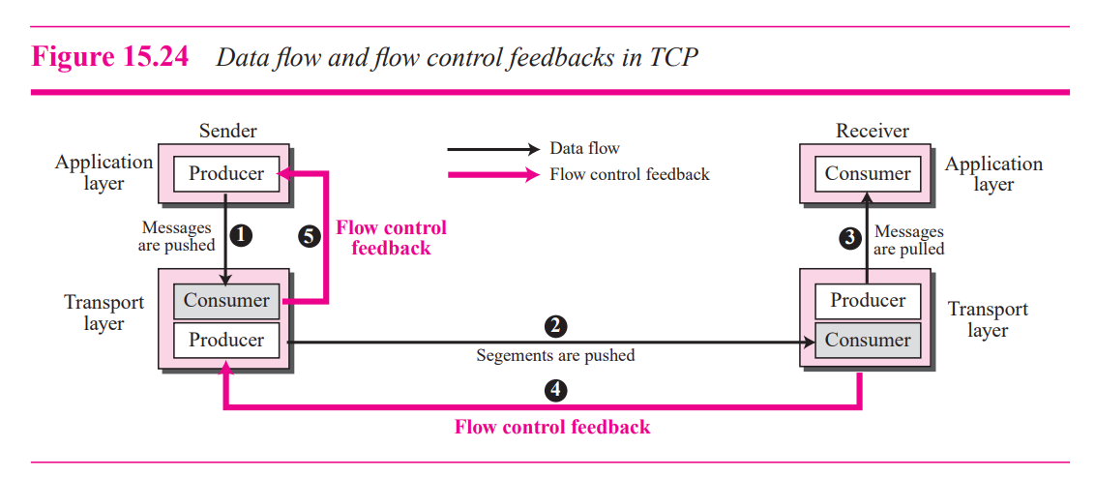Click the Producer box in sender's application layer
[x=225, y=174]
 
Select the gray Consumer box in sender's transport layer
[x=225, y=301]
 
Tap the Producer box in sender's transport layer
[x=225, y=340]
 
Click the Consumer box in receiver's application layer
[x=868, y=174]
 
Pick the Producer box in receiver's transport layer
[x=868, y=300]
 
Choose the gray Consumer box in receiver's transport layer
[x=868, y=340]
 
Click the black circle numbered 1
[x=242, y=235]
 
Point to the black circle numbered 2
[x=555, y=326]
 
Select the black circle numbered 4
[x=555, y=390]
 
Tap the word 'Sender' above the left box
[x=228, y=131]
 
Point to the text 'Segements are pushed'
[x=555, y=355]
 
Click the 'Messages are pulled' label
[x=908, y=240]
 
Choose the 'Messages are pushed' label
[x=177, y=236]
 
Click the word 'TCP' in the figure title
[x=672, y=57]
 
